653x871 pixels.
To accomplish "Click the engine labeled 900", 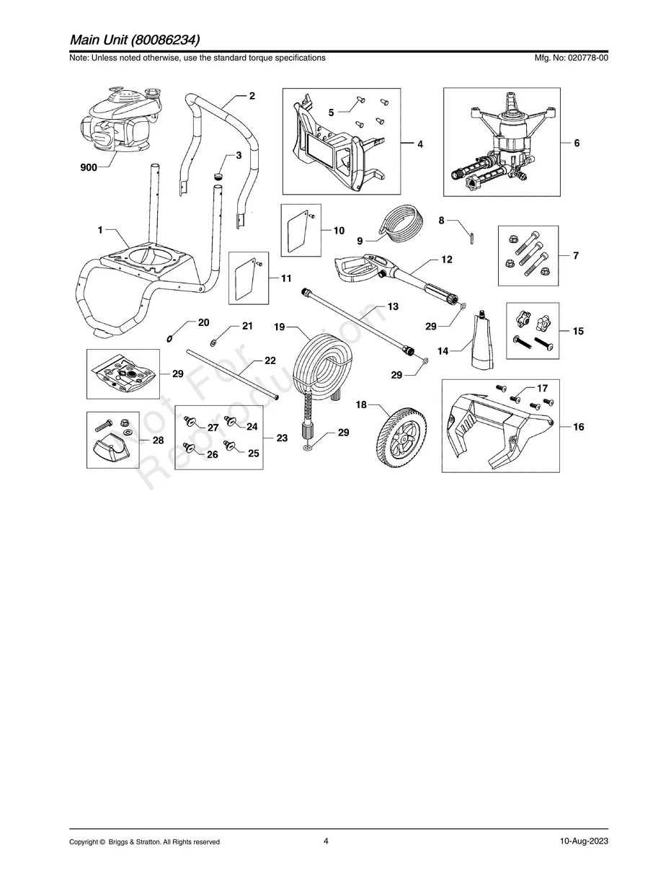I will coord(118,123).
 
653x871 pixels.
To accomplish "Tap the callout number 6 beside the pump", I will coord(577,143).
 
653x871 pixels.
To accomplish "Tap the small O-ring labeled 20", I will coord(169,338).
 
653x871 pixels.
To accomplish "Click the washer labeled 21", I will coord(216,341).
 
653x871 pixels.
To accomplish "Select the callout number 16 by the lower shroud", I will coord(578,427).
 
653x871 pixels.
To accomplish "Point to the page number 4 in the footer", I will coord(326,841).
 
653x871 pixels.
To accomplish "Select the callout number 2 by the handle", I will coord(252,95).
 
